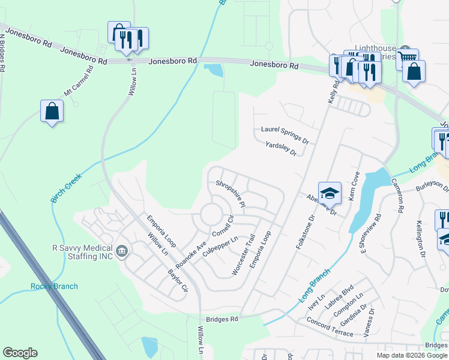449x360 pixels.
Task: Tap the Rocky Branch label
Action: tap(54, 286)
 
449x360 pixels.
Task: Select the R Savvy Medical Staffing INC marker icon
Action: tap(122, 250)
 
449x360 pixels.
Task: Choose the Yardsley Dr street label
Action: tap(281, 149)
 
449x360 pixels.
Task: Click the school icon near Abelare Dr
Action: tap(330, 193)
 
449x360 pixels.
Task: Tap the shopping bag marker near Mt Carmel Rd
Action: tap(52, 111)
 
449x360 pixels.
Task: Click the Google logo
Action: tap(20, 353)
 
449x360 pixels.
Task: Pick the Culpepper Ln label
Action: tap(221, 247)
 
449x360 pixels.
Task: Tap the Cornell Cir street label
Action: tap(221, 226)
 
